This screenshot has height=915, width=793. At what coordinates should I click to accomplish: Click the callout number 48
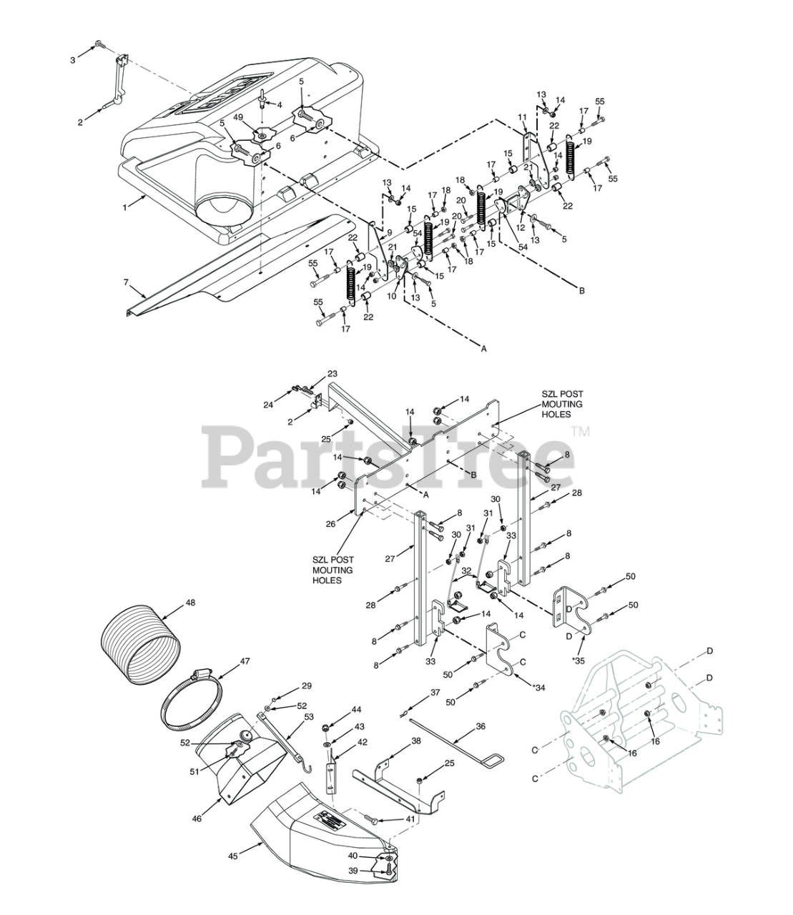(190, 603)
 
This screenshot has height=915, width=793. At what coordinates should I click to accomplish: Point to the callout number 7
(127, 283)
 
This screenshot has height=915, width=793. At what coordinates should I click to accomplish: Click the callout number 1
(126, 207)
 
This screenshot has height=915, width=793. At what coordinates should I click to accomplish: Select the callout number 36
(481, 726)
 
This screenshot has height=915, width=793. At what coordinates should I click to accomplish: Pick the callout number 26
(330, 524)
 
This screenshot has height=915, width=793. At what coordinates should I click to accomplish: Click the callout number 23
(332, 374)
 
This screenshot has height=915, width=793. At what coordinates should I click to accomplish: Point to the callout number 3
(72, 60)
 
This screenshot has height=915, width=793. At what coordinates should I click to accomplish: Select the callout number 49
(259, 117)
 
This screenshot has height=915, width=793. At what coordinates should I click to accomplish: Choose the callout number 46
(197, 818)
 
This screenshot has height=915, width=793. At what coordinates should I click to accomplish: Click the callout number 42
(363, 742)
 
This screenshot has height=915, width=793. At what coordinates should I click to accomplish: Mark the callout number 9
(390, 232)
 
